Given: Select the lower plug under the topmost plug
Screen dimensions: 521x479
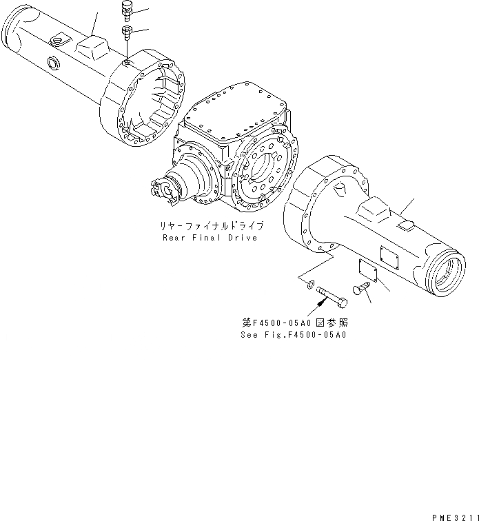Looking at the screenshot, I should click(x=125, y=32).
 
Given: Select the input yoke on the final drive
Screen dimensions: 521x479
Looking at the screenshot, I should click(x=163, y=191).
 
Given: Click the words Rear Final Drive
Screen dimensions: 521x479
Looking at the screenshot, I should click(x=209, y=238).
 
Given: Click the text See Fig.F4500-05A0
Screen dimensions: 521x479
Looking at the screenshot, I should click(x=294, y=335).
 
